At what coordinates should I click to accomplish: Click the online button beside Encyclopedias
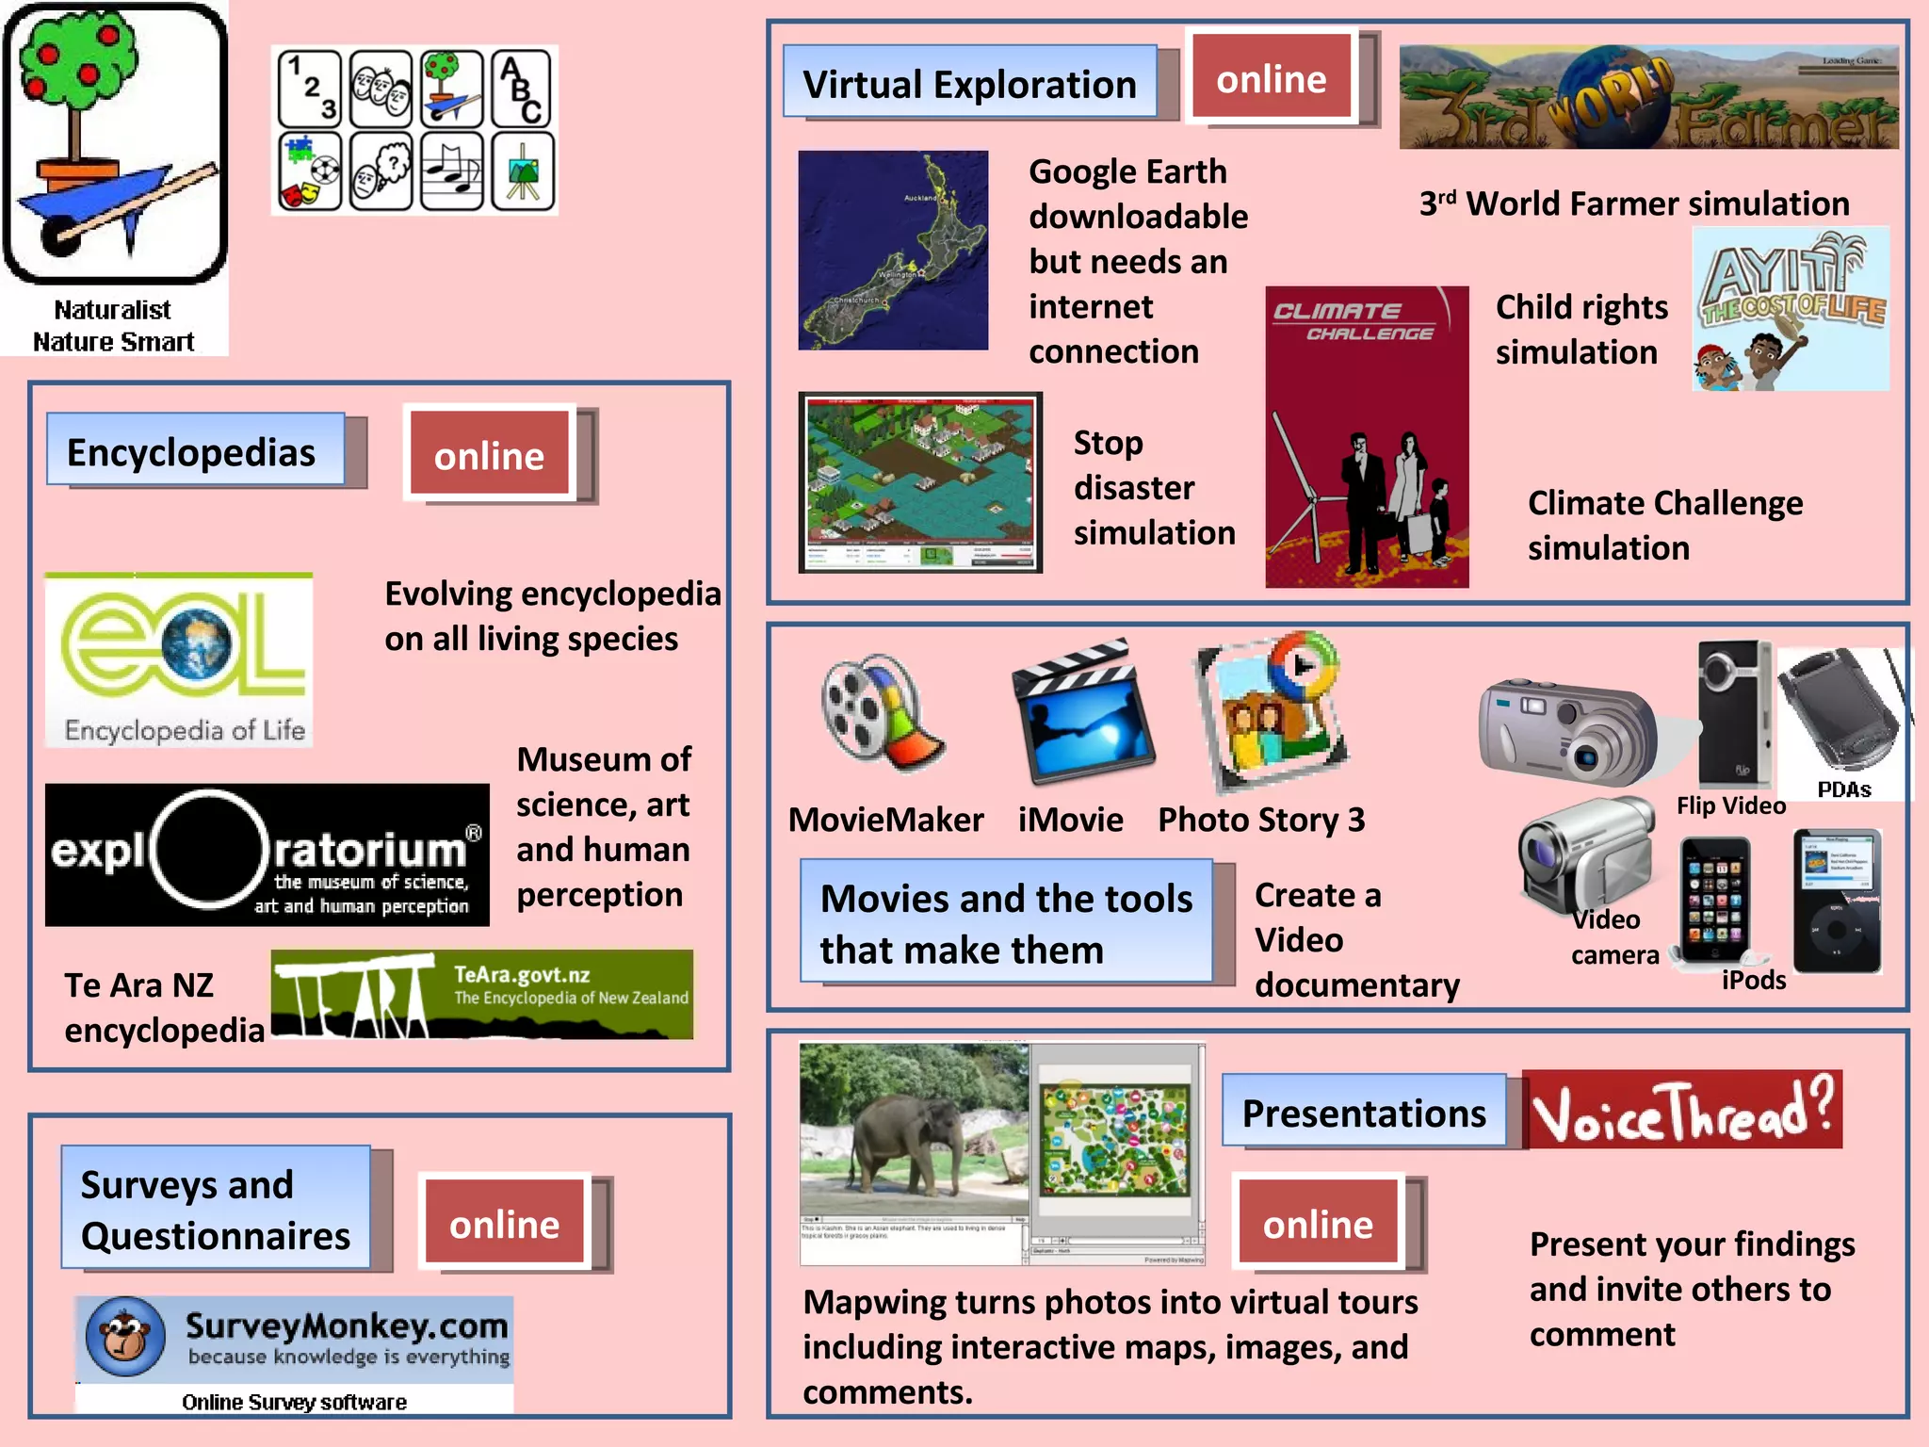click(489, 456)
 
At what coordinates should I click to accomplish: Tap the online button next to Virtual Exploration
click(1271, 79)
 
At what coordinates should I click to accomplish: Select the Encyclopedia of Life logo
click(179, 660)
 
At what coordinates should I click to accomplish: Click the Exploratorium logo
click(267, 854)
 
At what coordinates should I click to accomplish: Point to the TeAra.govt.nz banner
click(481, 994)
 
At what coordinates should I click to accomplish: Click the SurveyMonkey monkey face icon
click(124, 1336)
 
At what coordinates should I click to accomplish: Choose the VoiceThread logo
click(1681, 1110)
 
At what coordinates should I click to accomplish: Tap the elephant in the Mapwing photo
click(904, 1140)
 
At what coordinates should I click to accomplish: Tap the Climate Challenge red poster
click(1366, 437)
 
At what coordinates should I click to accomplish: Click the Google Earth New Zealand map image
click(893, 251)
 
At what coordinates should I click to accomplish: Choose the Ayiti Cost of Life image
click(1790, 309)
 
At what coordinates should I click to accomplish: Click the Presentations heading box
click(1363, 1113)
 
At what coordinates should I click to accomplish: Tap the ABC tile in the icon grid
click(521, 89)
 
